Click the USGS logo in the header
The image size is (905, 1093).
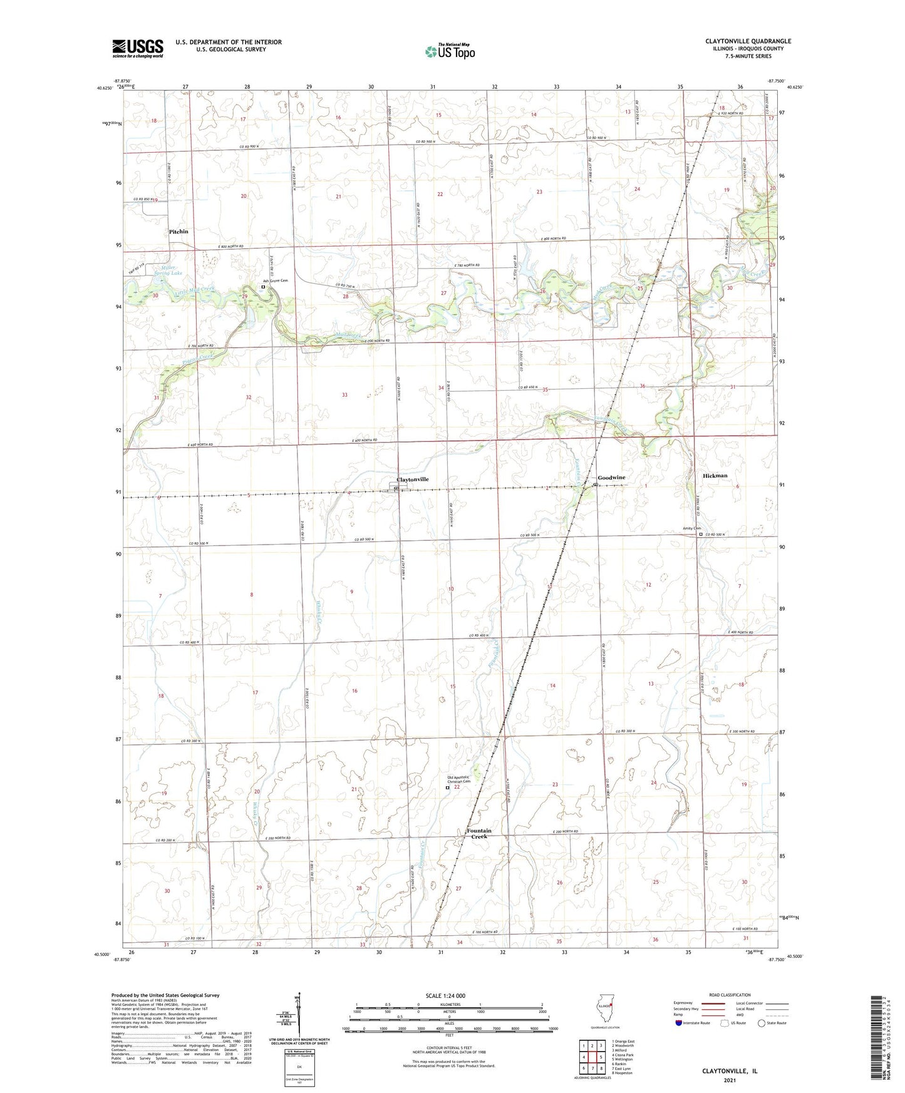coord(138,48)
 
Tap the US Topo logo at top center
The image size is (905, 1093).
coord(450,51)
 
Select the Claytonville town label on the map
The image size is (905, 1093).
coord(412,480)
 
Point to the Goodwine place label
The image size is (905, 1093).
coord(611,478)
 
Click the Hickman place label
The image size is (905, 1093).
coord(715,476)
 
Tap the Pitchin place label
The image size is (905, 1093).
coord(178,232)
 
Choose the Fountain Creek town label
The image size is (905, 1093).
coord(479,834)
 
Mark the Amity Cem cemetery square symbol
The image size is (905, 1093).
coord(701,535)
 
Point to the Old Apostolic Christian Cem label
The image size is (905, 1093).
coord(458,779)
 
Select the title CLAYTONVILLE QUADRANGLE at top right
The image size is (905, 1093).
coord(748,41)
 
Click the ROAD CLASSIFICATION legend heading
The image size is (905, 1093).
coord(730,995)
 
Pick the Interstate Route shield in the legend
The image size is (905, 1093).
coord(679,1023)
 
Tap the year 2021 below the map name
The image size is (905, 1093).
coord(730,1080)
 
